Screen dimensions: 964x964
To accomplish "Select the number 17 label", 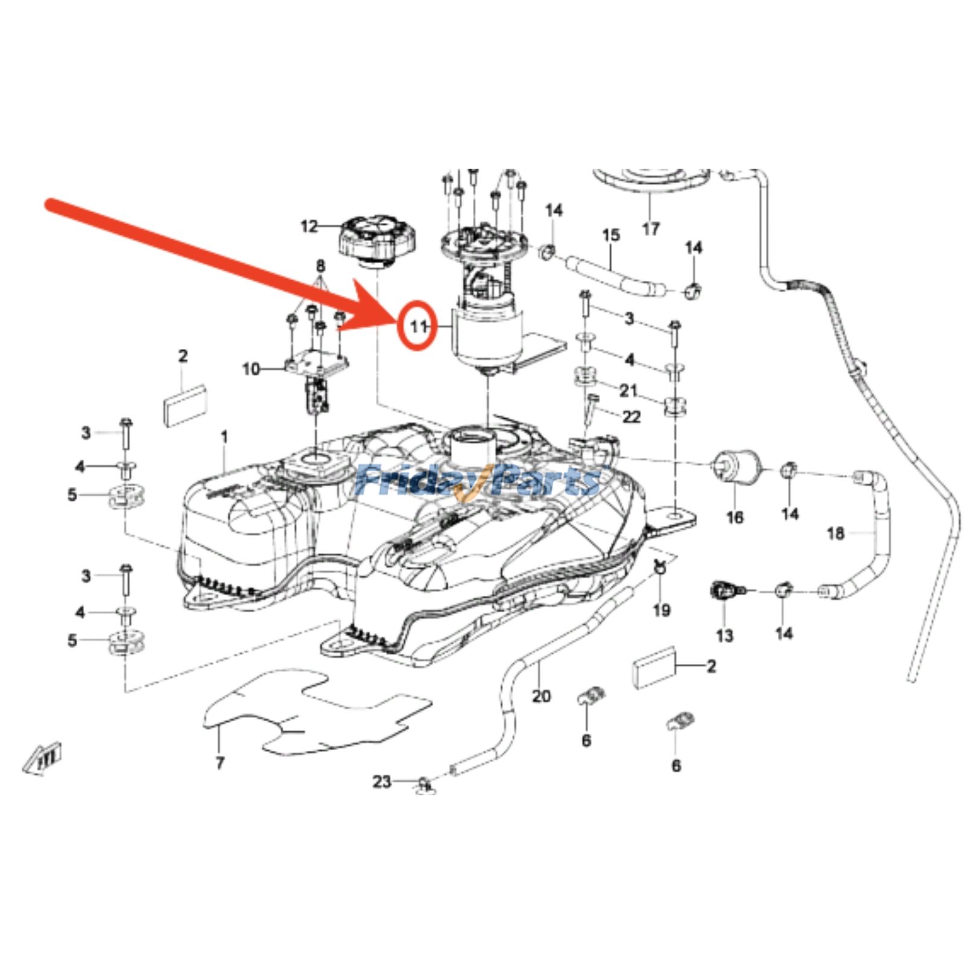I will (x=651, y=228).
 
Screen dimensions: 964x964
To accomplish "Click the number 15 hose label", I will (x=611, y=235).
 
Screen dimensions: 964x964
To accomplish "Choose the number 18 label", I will (x=836, y=533).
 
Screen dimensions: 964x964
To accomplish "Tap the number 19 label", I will (x=662, y=610).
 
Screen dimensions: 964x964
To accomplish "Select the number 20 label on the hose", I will (x=541, y=696).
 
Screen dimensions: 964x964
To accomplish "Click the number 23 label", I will (x=382, y=781).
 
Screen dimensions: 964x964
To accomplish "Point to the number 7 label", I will (x=220, y=763).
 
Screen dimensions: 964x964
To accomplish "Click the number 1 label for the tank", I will (x=225, y=436).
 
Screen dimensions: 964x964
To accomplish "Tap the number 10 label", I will (x=251, y=369).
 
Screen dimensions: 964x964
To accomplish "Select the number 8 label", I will (x=321, y=266).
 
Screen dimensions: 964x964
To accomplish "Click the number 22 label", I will (x=631, y=416).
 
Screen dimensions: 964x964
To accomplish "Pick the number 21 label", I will (x=628, y=390).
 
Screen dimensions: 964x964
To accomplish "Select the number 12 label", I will (x=309, y=227).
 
